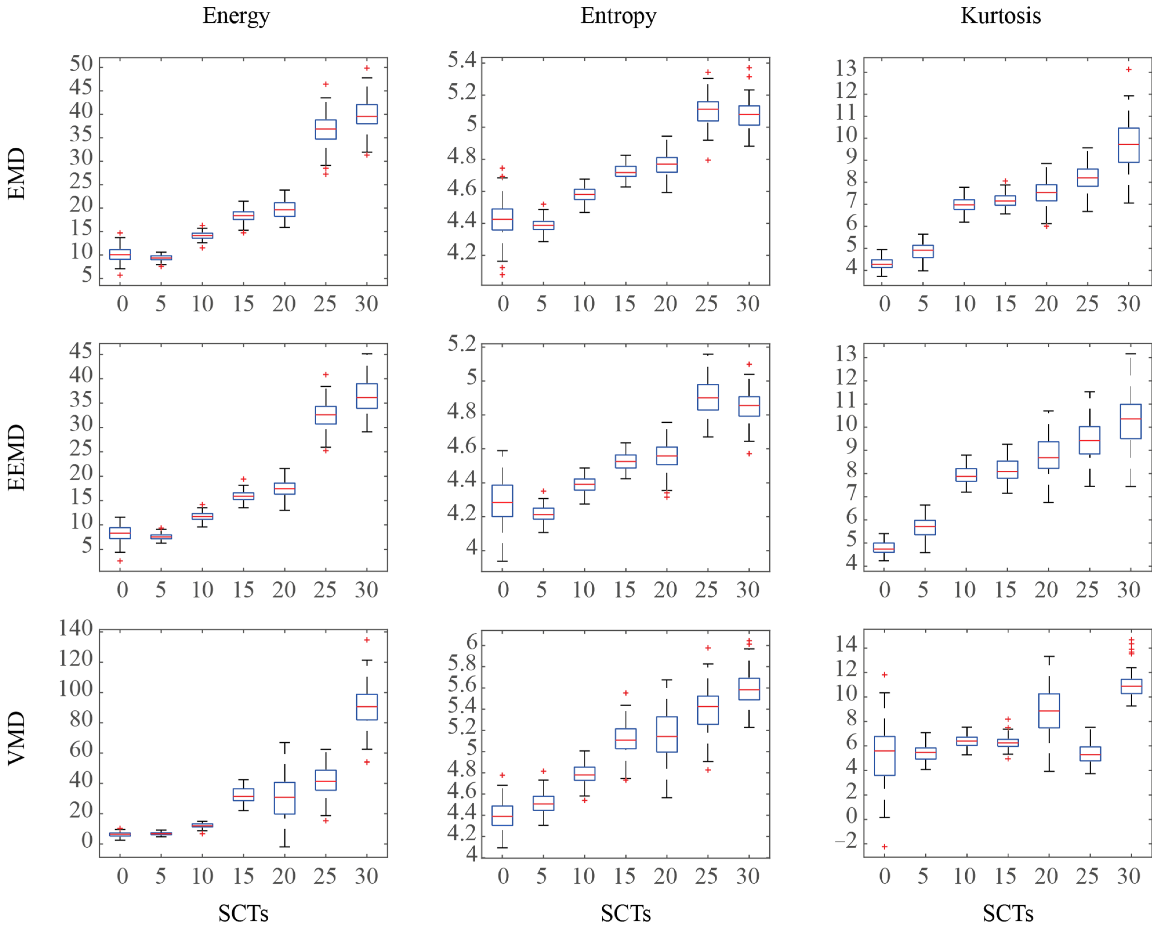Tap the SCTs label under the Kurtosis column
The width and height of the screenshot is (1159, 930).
[x=1008, y=913]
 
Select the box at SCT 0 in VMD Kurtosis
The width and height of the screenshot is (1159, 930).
[x=884, y=756]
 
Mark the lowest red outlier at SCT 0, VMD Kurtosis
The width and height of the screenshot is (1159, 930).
[x=884, y=847]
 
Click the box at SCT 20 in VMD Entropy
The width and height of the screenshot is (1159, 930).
[x=667, y=734]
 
